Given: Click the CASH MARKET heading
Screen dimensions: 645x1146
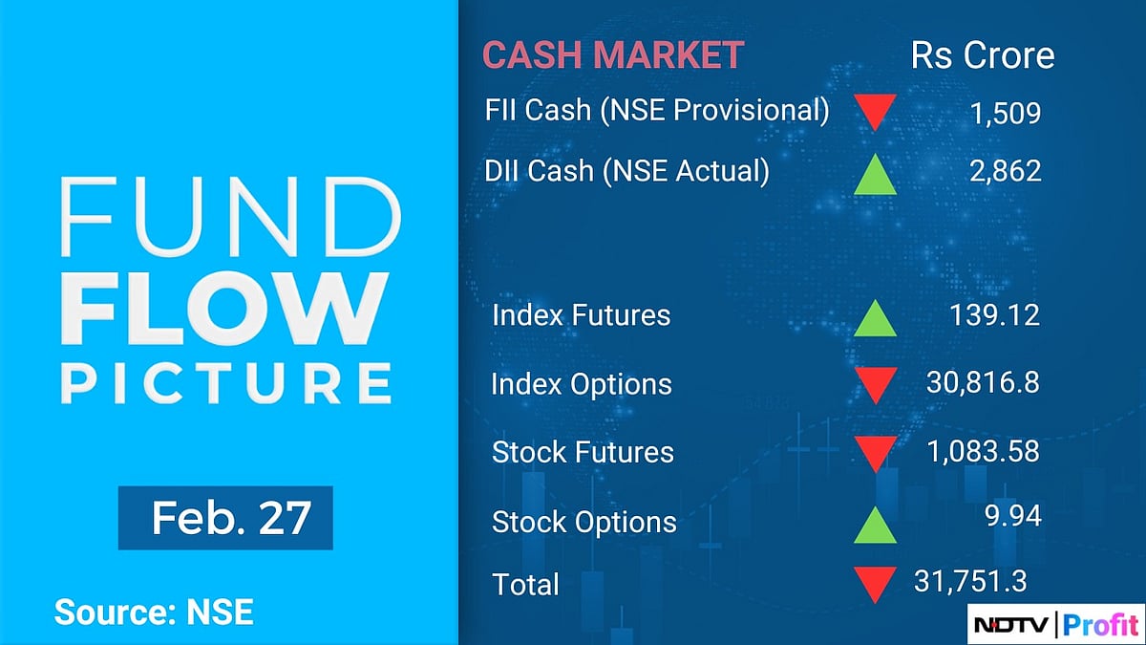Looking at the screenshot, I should coord(612,54).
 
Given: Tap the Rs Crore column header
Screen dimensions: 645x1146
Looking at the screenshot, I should coord(983,54).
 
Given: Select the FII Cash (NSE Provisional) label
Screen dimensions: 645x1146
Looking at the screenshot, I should coord(657,110).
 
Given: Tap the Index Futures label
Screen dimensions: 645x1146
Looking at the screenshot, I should coord(581,315).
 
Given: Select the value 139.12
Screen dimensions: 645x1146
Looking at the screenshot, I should coord(994,314).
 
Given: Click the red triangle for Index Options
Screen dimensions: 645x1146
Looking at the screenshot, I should coord(874,385).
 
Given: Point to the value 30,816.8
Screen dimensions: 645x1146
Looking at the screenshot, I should coord(983,383).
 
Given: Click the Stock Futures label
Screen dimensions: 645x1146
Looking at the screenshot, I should coord(583,452).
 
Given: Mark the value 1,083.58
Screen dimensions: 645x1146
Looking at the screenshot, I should coord(983,451).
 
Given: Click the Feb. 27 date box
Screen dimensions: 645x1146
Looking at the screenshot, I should coord(225,518).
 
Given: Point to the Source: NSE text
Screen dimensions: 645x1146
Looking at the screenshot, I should coord(154,613).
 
